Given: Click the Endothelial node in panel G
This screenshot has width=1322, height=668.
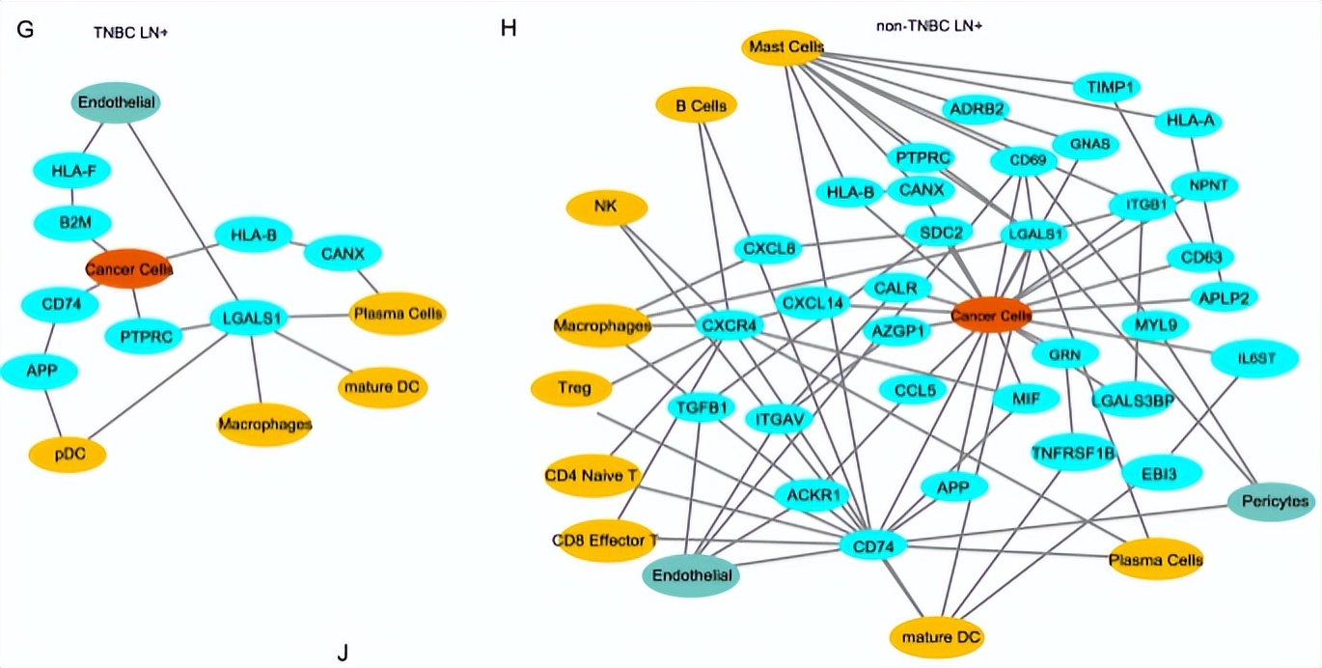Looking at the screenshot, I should tap(116, 103).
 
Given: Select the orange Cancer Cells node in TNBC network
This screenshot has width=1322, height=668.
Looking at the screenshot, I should tap(128, 269).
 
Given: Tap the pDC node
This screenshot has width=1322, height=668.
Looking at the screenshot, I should tap(67, 453).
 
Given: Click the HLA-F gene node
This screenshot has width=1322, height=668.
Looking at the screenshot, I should tap(72, 171).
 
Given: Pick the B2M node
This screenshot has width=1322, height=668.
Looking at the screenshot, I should tap(73, 223).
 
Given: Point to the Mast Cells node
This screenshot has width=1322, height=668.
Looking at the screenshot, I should tap(783, 47).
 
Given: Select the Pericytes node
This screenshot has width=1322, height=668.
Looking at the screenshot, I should tap(1271, 501).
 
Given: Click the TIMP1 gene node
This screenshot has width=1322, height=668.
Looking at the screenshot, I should tap(1106, 87).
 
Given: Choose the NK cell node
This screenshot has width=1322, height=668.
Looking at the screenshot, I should tap(606, 208).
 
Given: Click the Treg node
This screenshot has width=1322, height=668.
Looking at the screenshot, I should tap(572, 389).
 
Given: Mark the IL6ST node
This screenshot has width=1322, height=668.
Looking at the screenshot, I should tap(1256, 357).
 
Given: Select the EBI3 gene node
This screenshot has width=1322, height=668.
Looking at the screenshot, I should tap(1163, 472).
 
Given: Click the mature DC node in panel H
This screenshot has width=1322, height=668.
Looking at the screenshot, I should tap(936, 637).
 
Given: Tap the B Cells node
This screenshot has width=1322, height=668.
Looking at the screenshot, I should tap(696, 105).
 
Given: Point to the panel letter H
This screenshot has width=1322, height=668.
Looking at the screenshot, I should tap(510, 28).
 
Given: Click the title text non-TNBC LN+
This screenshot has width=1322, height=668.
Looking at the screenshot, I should tap(928, 25).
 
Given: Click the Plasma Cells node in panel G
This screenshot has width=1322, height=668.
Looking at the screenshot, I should tap(398, 314).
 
